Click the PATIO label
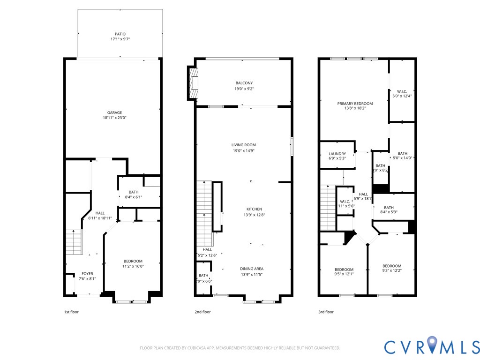(120, 34)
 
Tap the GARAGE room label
(114, 112)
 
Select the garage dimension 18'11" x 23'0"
(114, 118)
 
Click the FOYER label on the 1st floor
(87, 274)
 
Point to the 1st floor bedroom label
(133, 261)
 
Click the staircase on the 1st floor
(74, 241)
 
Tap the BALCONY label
(243, 83)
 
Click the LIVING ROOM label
(243, 145)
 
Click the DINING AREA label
(252, 269)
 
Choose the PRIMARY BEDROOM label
(355, 104)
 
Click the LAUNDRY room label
(337, 154)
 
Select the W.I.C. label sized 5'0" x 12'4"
(402, 91)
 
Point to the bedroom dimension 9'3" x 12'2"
(391, 271)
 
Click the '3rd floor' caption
(325, 312)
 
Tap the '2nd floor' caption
(202, 312)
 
